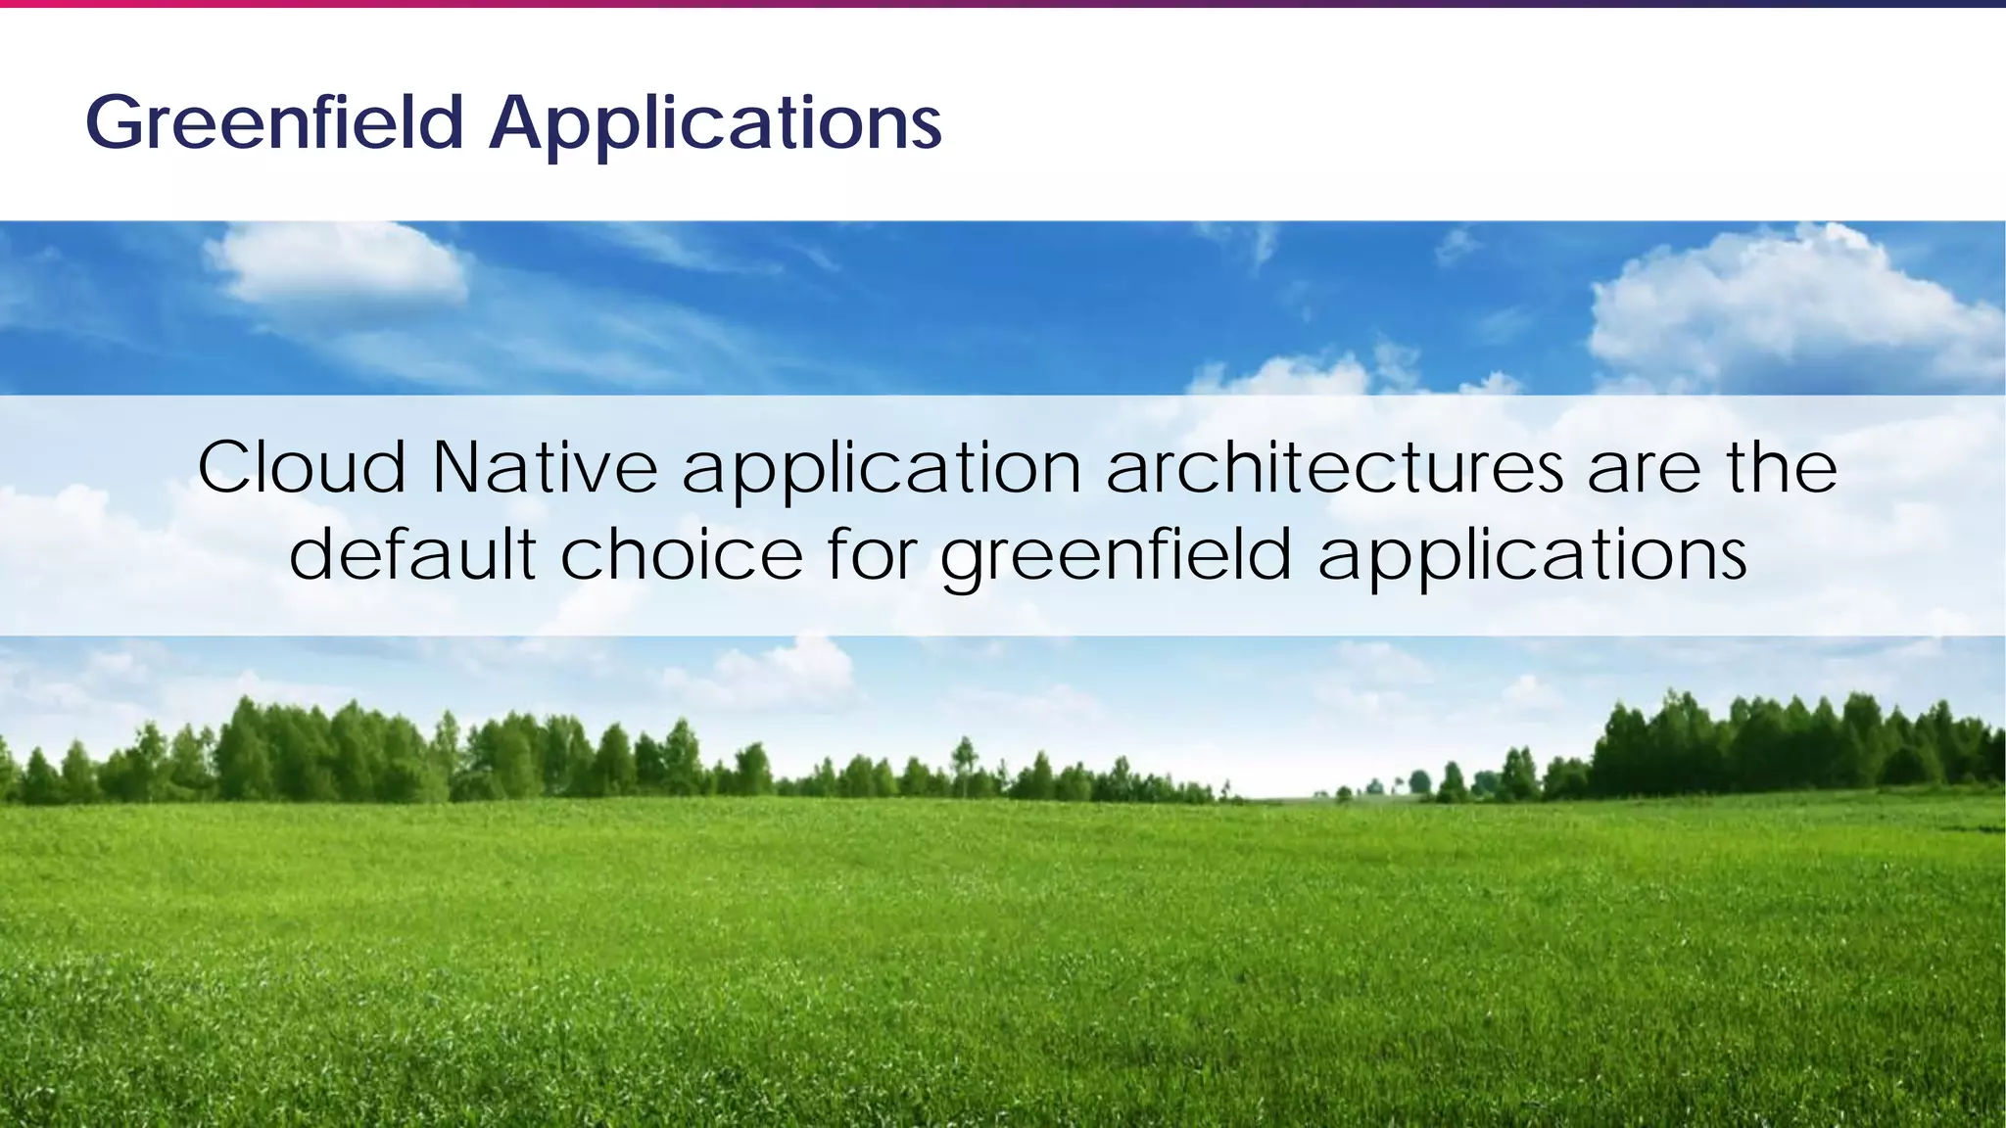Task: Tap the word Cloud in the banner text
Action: point(302,468)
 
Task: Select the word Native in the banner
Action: point(545,468)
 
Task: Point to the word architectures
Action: point(1334,468)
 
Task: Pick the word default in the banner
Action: point(412,554)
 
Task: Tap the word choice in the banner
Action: point(682,554)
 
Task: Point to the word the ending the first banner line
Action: point(1782,467)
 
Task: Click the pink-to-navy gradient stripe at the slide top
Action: point(1003,4)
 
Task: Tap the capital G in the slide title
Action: point(117,123)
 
